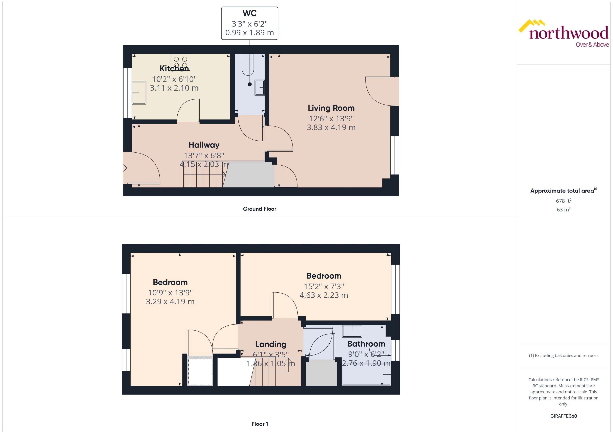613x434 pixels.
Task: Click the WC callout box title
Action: tap(249, 13)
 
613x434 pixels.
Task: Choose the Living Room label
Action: tap(331, 108)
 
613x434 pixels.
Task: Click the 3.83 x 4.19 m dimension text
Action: tap(331, 128)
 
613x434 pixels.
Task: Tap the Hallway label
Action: tap(204, 145)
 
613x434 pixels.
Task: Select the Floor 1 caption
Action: tap(259, 424)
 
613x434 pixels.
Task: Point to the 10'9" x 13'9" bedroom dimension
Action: tap(170, 293)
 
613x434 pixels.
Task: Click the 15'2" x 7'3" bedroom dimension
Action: tap(324, 286)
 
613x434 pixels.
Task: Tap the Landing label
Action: tap(271, 344)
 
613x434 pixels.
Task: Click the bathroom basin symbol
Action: tap(352, 331)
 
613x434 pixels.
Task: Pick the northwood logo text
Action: tap(569, 33)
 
